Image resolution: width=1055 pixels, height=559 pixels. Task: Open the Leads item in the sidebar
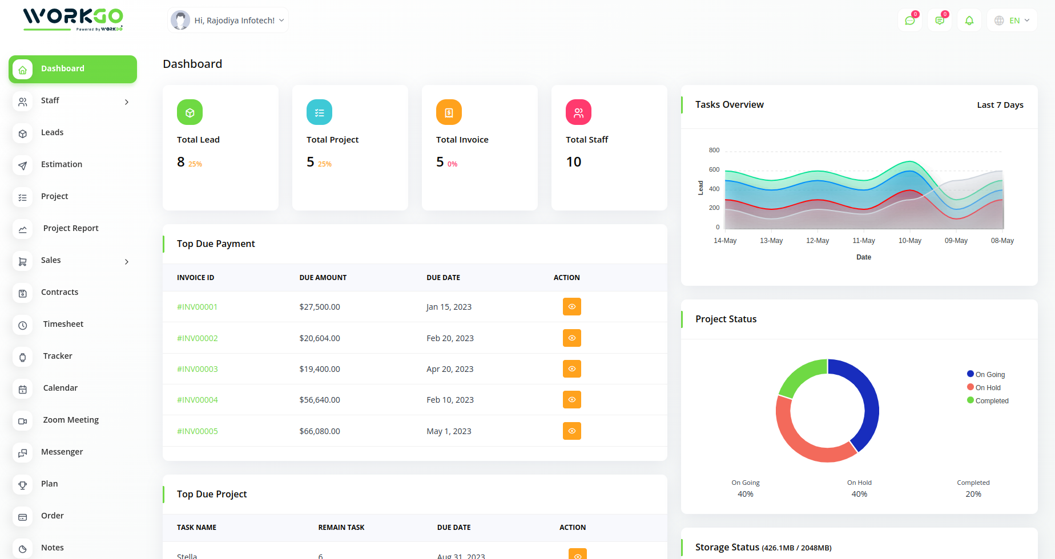coord(52,132)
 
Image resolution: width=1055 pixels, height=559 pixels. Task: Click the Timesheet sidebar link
coord(63,324)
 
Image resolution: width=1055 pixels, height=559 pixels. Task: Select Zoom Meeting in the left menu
coord(71,420)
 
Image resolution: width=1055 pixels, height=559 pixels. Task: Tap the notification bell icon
coord(969,21)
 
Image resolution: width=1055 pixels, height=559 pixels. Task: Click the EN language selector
coord(1012,21)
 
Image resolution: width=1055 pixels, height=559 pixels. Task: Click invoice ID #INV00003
coord(198,369)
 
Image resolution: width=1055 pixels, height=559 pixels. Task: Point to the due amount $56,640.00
coord(320,400)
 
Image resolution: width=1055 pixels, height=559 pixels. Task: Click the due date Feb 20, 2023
coord(450,338)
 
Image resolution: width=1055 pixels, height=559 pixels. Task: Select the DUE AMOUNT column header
coord(323,278)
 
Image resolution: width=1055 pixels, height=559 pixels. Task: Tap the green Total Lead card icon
coord(190,112)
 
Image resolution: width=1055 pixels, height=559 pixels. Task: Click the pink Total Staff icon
coord(578,112)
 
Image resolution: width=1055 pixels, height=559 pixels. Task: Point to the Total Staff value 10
coord(573,162)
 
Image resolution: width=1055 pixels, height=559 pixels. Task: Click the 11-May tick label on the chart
coord(863,241)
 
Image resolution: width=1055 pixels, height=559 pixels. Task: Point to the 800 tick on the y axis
coord(714,150)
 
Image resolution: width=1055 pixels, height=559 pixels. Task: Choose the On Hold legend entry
coord(988,388)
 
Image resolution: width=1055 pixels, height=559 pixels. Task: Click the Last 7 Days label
coord(1000,105)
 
